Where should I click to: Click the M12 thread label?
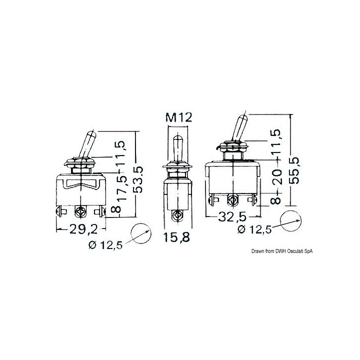178,118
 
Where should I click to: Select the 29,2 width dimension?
83,229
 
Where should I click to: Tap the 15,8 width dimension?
176,237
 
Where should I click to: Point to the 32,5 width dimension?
232,216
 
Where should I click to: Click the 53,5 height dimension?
138,179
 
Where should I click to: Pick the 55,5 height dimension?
294,170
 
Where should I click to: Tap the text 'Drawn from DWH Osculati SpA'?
282,251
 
